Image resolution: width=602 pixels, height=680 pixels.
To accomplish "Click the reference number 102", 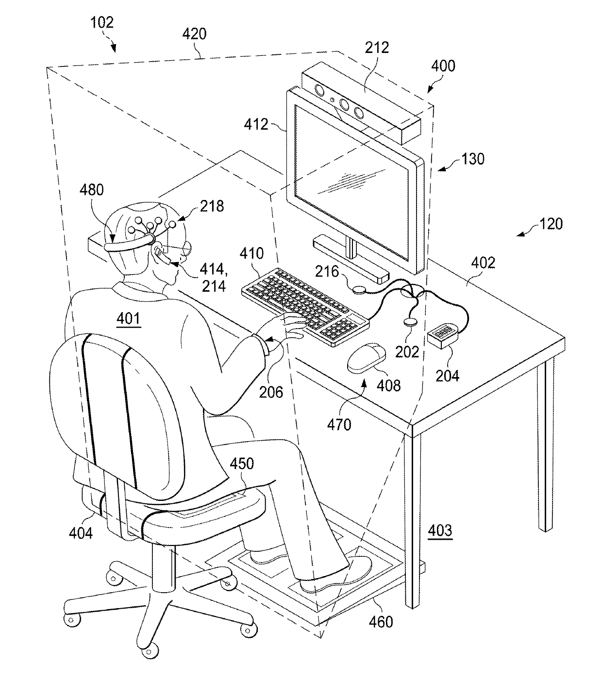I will [101, 22].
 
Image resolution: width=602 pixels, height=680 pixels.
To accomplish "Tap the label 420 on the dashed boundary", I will [194, 34].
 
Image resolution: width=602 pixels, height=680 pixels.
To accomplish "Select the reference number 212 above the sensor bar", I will [377, 48].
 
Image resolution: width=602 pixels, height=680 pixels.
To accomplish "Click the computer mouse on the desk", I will [366, 358].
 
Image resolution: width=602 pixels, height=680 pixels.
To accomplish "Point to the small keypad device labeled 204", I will [442, 334].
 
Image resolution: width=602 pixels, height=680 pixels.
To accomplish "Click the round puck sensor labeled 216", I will [360, 289].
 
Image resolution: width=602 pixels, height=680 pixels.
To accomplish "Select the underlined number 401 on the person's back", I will [129, 318].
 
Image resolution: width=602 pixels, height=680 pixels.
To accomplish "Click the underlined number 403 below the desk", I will [440, 530].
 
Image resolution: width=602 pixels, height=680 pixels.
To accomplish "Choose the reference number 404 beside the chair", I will [81, 533].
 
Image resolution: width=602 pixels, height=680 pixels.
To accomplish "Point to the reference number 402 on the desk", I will [484, 263].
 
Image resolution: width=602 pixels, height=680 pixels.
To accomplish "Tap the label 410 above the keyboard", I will [252, 253].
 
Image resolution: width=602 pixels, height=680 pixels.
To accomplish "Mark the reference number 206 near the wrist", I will [270, 392].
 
